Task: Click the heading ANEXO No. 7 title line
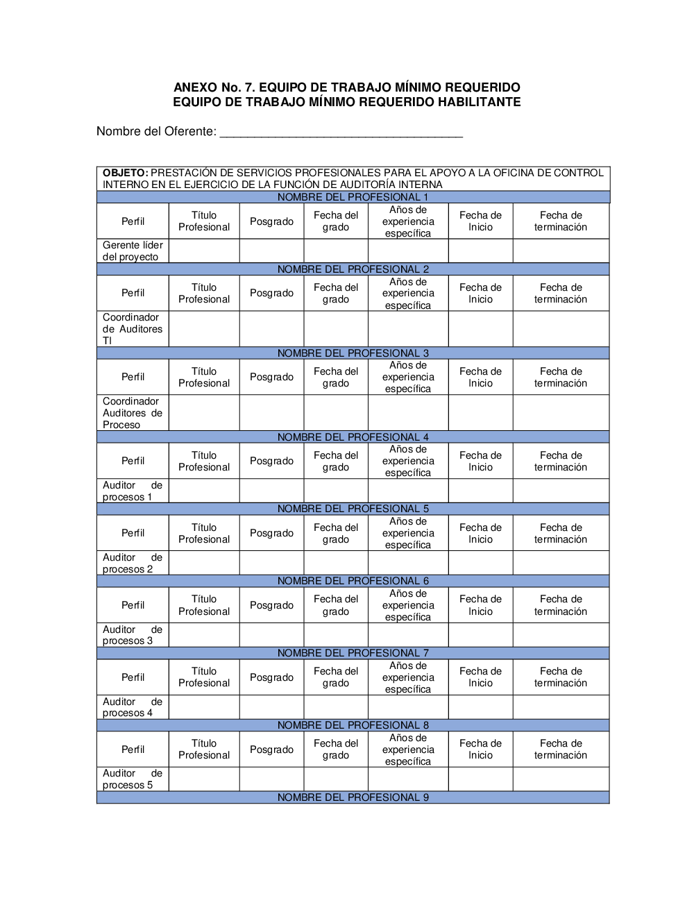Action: (346, 87)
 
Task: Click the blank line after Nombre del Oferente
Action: (341, 132)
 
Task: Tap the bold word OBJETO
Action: (125, 173)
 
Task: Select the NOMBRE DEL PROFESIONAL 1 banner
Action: (353, 197)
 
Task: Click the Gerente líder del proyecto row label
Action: (133, 251)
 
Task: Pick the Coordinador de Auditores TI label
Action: (133, 329)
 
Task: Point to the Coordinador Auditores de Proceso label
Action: (133, 413)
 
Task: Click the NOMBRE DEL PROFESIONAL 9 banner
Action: (353, 797)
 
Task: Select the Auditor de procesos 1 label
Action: (133, 491)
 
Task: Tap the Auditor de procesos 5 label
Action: (133, 779)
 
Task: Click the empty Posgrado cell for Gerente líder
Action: (271, 251)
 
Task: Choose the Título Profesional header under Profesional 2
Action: (204, 293)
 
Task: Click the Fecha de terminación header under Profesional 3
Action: (561, 377)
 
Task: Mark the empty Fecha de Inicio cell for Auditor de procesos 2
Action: (480, 563)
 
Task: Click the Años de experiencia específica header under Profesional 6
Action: (408, 605)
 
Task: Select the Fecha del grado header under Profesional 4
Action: (336, 461)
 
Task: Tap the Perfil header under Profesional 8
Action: (133, 749)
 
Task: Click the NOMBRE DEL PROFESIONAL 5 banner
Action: (353, 509)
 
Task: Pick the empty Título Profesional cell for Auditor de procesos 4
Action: (204, 706)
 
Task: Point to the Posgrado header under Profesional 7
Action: (271, 677)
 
